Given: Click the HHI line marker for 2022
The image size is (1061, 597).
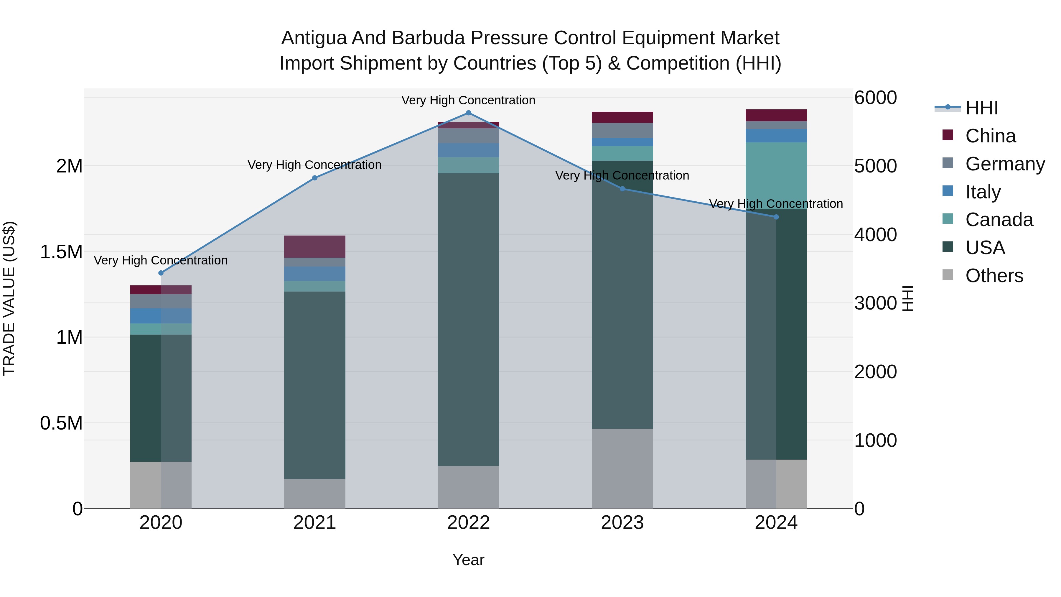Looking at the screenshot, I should click(468, 113).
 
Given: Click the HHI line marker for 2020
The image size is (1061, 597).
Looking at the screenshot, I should click(161, 273).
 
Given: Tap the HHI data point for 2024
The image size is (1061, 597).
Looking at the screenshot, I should click(776, 217).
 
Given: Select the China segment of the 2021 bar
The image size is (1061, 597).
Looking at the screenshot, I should click(315, 246).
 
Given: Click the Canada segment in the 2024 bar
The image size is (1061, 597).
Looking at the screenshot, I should click(776, 175).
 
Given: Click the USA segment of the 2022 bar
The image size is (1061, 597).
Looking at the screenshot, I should click(468, 319).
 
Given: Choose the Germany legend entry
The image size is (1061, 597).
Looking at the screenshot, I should click(1005, 164).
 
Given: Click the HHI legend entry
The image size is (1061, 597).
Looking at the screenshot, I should click(981, 108).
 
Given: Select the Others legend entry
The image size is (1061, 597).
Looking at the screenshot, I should click(994, 276).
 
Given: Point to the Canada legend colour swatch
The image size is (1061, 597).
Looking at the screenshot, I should click(948, 219).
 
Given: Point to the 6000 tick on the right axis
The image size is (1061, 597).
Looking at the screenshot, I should click(875, 98).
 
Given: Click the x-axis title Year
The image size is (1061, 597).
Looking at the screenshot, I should click(468, 560).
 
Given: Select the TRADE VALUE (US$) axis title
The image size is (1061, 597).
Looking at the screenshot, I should click(9, 298).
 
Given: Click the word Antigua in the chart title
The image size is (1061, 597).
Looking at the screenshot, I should click(314, 38).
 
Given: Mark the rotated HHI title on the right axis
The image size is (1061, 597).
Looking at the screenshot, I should click(908, 298).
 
